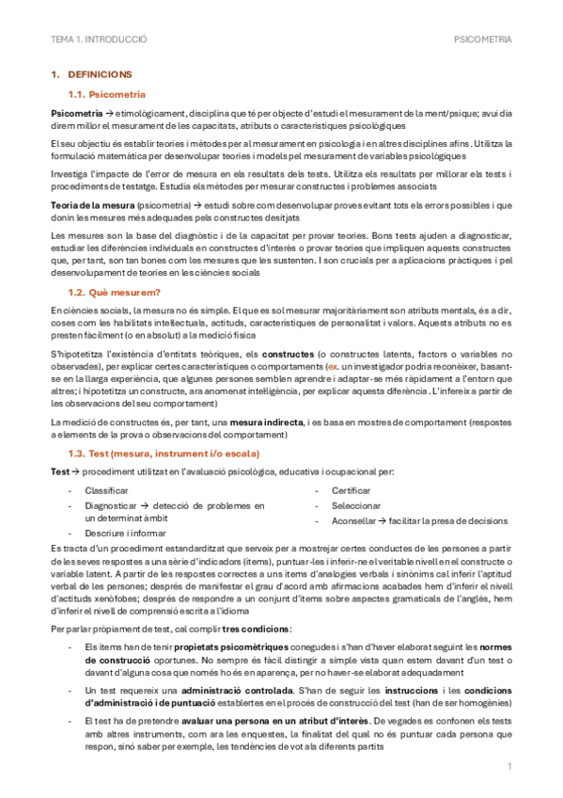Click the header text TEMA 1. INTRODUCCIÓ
click(99, 40)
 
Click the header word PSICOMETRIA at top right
click(482, 40)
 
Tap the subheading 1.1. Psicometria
click(107, 94)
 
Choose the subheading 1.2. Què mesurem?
click(112, 293)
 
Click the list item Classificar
click(105, 490)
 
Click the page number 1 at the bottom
click(508, 767)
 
